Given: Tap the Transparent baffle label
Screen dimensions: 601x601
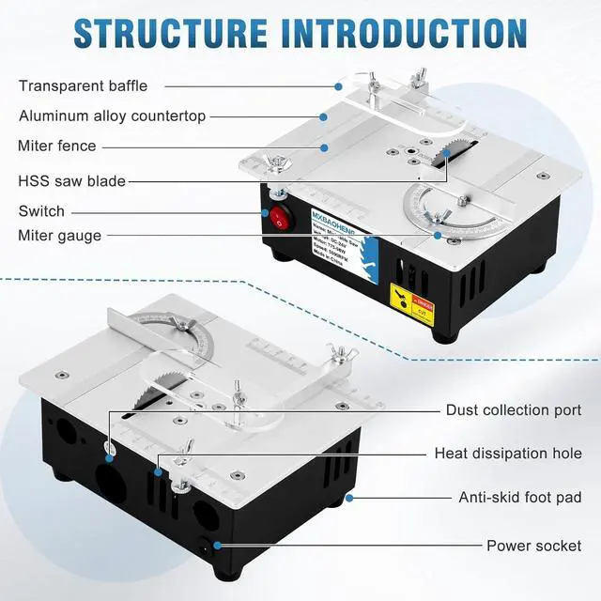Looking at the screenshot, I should [83, 85].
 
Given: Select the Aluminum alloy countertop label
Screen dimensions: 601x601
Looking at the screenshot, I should [112, 116].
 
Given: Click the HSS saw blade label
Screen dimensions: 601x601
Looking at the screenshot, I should [71, 180].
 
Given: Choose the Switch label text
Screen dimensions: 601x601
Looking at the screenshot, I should [41, 211].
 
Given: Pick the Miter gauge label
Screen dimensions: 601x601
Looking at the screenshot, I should [59, 236].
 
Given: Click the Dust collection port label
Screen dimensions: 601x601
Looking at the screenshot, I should [513, 410].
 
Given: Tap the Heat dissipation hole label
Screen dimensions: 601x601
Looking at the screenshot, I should [507, 454].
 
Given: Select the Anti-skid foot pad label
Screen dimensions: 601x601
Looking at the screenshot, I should [519, 498].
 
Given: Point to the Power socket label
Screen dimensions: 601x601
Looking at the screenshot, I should [533, 546].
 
